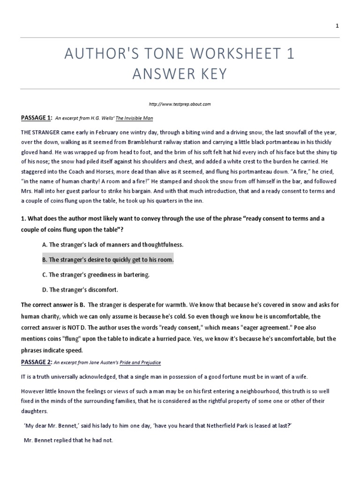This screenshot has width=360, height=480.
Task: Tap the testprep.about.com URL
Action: (x=180, y=103)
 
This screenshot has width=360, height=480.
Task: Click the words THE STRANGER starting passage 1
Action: (x=38, y=133)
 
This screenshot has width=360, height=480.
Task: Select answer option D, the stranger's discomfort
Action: (x=83, y=290)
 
